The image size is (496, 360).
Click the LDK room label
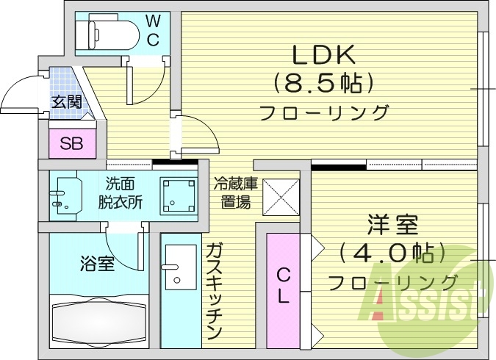324,54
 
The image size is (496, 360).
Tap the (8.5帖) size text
324,83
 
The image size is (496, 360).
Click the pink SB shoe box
71,143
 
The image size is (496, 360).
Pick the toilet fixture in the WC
110,32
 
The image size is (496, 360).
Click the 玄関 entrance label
66,102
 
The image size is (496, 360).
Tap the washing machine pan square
179,195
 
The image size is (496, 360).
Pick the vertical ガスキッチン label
214,290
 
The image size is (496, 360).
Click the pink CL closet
283,287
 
